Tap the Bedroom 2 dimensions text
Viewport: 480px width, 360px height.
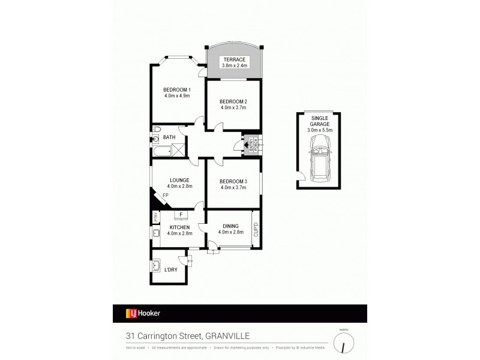click(x=233, y=108)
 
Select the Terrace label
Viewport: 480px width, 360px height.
click(x=233, y=59)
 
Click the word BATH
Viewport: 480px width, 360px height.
click(x=170, y=137)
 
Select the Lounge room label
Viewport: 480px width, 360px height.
click(x=179, y=180)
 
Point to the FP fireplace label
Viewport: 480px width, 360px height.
click(x=165, y=196)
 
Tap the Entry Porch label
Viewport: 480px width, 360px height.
click(x=250, y=145)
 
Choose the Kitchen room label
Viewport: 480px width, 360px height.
click(x=179, y=227)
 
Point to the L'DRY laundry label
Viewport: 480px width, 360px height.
click(x=172, y=271)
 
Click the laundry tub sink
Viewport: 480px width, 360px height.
click(x=158, y=265)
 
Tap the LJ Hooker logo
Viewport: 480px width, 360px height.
click(x=143, y=313)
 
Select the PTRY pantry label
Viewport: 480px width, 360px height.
click(x=155, y=217)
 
